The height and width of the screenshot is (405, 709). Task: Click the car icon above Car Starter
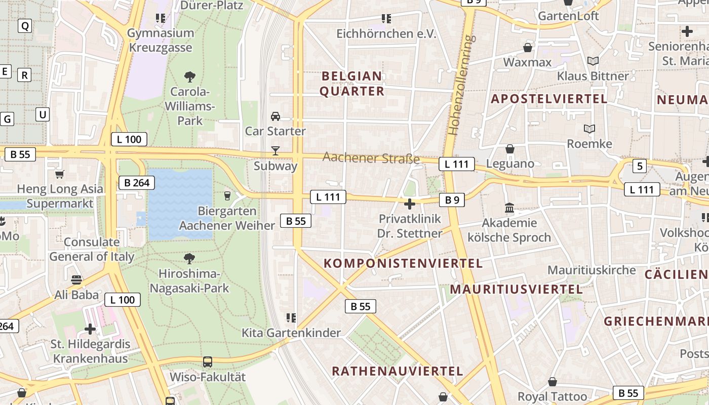point(275,116)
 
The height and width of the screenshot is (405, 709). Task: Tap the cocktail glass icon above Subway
point(275,150)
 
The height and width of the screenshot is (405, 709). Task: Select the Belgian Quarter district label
point(352,84)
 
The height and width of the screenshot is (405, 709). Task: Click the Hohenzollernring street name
point(460,85)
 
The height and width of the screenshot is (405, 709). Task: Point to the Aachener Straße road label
point(371,158)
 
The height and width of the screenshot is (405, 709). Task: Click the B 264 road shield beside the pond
point(137,183)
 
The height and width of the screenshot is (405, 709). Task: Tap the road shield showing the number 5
point(640,166)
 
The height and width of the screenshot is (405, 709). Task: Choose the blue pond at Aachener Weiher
point(180,202)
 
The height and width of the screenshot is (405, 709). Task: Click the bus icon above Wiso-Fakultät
point(208,362)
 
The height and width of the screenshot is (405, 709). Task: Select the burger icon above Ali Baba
point(76,280)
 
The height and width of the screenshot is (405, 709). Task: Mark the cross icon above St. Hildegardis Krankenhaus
point(90,329)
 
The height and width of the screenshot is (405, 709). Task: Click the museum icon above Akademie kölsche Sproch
point(509,208)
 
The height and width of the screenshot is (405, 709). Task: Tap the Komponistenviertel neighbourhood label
point(403,263)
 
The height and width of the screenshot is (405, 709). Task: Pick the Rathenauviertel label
point(397,371)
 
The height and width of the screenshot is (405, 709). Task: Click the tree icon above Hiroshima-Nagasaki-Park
point(189,259)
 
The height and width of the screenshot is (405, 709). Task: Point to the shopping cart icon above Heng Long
point(60,175)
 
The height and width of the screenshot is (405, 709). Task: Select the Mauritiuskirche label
point(592,270)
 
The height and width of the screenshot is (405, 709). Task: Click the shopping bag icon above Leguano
point(510,149)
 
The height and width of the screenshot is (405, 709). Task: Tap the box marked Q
point(24,25)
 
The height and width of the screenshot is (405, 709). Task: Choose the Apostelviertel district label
point(549,99)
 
